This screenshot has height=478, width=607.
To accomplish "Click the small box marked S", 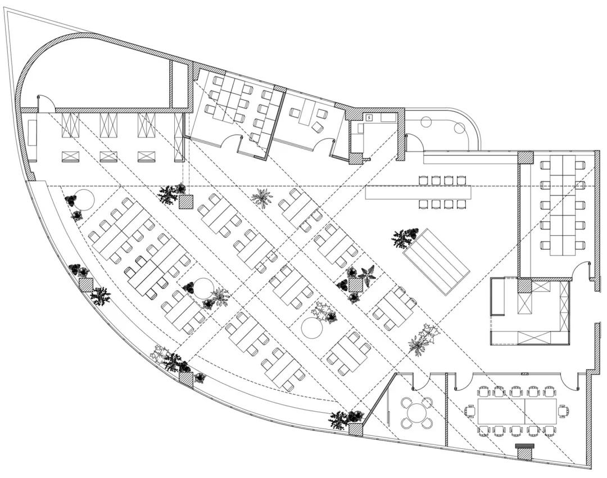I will tap(369, 118).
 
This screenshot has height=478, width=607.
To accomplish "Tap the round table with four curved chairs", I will tap(416, 413).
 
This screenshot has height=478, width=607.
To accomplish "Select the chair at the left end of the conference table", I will tap(470, 411).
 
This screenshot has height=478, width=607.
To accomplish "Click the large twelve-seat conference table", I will tap(517, 411).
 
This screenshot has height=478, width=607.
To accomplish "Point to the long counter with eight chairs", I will tap(419, 192).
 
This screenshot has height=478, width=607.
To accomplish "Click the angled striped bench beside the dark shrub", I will tap(436, 262).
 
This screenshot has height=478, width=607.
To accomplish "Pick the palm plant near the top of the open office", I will tap(261, 198).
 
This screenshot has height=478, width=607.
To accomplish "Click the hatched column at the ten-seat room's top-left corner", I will tap(525, 157).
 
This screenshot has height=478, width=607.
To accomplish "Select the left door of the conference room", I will tap(463, 382).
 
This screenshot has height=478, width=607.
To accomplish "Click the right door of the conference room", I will tap(570, 382).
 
